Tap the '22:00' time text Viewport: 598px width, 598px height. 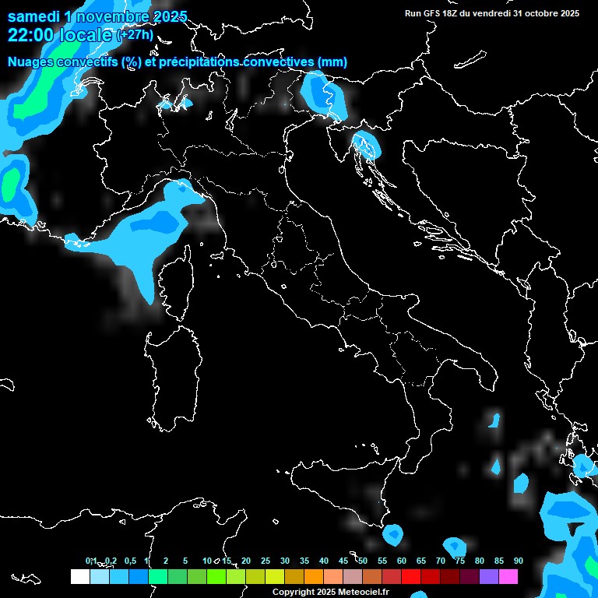(x=31, y=35)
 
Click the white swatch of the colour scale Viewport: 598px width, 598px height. (x=79, y=576)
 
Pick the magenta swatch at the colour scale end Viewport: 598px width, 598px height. (x=508, y=576)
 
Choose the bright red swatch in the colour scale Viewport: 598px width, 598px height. (x=411, y=576)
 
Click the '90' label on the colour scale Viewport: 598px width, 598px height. (x=518, y=561)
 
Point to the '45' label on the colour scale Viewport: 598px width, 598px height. (x=343, y=561)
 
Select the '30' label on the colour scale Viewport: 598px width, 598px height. (x=285, y=561)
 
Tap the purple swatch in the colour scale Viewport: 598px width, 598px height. (x=489, y=576)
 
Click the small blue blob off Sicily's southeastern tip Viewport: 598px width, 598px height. (x=392, y=534)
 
